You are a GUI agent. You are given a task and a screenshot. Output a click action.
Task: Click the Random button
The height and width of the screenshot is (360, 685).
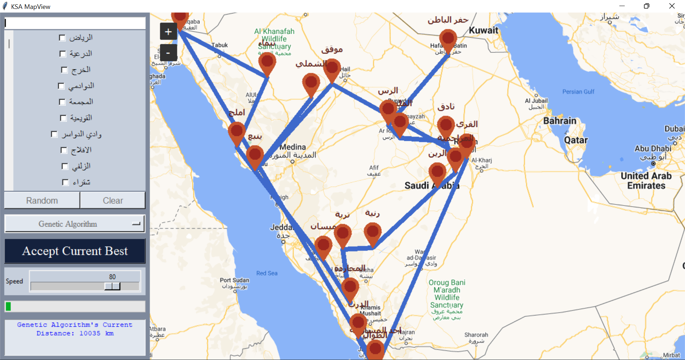(x=42, y=201)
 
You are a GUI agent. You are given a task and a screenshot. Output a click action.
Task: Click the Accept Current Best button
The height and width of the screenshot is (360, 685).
(x=75, y=251)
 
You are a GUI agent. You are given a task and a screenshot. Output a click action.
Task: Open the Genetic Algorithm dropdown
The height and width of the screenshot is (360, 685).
(x=75, y=224)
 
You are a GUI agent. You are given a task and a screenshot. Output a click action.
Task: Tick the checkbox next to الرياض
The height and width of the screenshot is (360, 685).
(x=62, y=38)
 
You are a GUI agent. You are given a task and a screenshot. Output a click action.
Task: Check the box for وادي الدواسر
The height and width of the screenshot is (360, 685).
(x=54, y=134)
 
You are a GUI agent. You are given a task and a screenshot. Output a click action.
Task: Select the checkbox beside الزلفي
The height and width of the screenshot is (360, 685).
(x=65, y=166)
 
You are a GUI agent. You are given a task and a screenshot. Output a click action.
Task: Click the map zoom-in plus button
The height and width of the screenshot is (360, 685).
(x=168, y=32)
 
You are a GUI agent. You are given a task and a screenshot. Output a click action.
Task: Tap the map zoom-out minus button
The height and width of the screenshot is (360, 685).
(x=168, y=53)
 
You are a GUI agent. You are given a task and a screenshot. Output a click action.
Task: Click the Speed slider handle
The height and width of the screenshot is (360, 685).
(x=112, y=286)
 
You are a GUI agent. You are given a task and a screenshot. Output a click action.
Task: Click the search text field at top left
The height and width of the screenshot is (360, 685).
(x=75, y=23)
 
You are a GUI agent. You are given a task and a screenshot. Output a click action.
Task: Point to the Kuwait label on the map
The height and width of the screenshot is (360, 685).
(x=483, y=30)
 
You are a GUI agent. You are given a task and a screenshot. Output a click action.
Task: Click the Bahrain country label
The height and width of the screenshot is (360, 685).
(x=559, y=121)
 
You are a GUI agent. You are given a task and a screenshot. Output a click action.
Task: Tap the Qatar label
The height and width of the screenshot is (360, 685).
(x=575, y=140)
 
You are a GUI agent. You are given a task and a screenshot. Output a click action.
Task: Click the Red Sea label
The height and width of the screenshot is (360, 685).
(x=267, y=273)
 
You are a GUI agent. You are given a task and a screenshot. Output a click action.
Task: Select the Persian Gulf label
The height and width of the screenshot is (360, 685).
(x=578, y=92)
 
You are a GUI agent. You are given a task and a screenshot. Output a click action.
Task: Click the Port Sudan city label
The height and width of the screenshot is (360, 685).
(x=234, y=280)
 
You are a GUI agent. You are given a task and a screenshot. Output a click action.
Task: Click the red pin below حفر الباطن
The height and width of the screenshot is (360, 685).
(x=448, y=39)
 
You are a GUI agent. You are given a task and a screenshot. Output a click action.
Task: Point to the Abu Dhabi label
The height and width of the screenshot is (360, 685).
(x=653, y=148)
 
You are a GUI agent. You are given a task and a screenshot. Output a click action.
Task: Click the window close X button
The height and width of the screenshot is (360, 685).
(x=672, y=6)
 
